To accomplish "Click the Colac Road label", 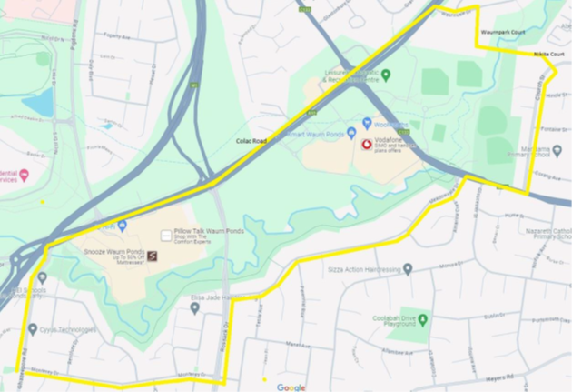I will click(x=251, y=141).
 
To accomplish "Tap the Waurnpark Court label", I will click(x=506, y=32).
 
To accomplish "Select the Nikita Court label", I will click(x=549, y=54).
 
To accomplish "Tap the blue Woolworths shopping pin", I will click(x=366, y=122).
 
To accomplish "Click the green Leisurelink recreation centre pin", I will click(x=386, y=75).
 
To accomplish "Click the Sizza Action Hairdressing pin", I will click(x=408, y=269).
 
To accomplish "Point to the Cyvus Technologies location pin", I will click(x=33, y=329).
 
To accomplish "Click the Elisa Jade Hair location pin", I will click(x=194, y=308).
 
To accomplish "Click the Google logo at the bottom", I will click(x=291, y=387).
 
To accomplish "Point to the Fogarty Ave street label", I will click(x=119, y=35).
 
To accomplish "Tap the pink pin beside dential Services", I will click(x=25, y=174).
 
